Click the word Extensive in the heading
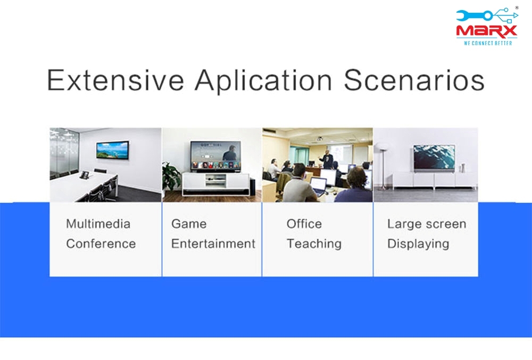click(x=115, y=80)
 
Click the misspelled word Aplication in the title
click(x=263, y=81)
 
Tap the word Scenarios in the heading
click(x=414, y=80)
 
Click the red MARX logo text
click(x=487, y=31)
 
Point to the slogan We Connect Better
click(x=488, y=43)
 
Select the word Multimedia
click(x=98, y=224)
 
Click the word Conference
click(x=101, y=244)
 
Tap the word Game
click(x=189, y=224)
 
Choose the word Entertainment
click(x=213, y=244)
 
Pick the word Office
click(x=304, y=224)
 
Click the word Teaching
click(x=314, y=244)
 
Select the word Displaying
click(x=418, y=244)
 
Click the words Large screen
click(x=427, y=224)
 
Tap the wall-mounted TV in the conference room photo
click(x=113, y=150)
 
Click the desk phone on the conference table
click(x=85, y=175)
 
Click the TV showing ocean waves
click(x=434, y=157)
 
